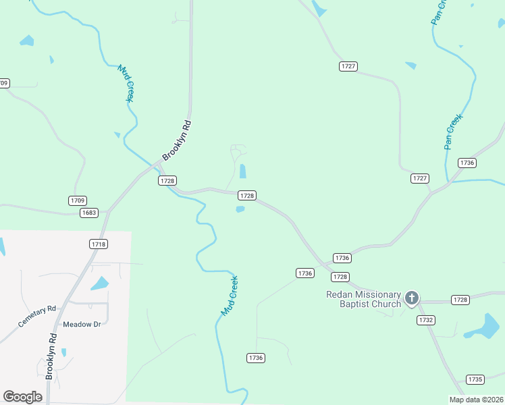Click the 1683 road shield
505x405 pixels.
[88, 213]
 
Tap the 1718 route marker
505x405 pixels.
[99, 244]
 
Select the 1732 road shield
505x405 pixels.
[426, 320]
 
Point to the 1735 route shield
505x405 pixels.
[475, 380]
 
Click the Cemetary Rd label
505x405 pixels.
[37, 317]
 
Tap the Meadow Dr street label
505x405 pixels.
[82, 325]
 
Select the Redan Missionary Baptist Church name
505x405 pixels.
[363, 299]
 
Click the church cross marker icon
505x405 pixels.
[412, 298]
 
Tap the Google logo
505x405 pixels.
[23, 397]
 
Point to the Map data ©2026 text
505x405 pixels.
[476, 400]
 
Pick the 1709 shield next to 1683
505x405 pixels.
[78, 200]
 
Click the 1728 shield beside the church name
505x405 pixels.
[460, 300]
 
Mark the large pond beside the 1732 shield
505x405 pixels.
[484, 326]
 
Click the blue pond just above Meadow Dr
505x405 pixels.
[100, 283]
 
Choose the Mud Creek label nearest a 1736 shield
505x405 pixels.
[230, 296]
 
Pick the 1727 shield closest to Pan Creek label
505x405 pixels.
[420, 178]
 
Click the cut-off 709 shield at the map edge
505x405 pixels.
[4, 83]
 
